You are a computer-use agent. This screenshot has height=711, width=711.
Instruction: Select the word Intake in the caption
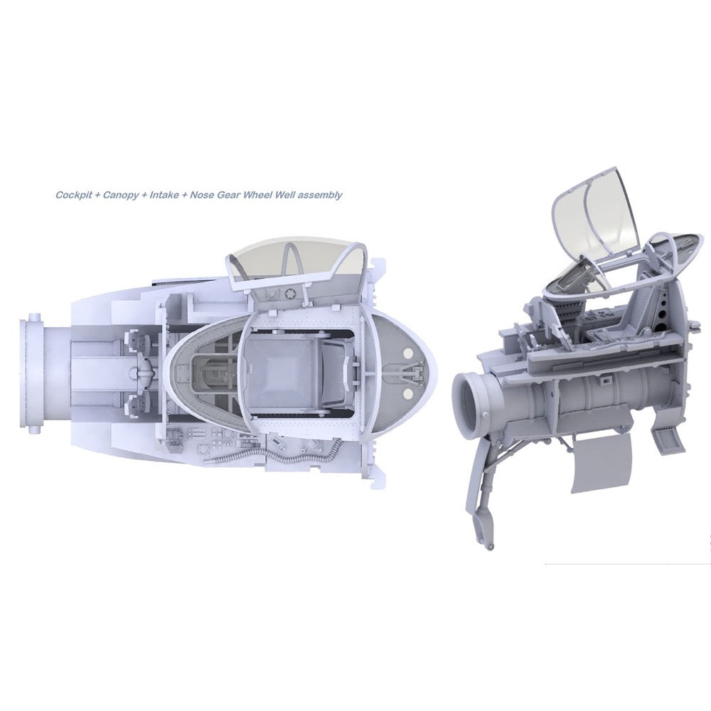164,196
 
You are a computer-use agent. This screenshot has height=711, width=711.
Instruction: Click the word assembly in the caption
322,196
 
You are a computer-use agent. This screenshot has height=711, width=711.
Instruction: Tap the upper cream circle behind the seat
407,353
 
